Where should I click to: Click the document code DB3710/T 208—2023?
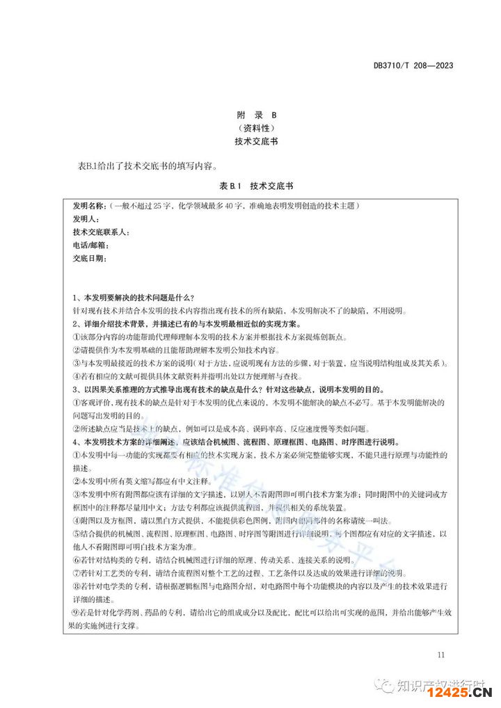click(x=413, y=66)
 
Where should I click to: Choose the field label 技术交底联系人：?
click(x=101, y=232)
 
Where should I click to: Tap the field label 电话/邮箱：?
click(x=90, y=245)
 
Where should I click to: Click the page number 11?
click(x=441, y=654)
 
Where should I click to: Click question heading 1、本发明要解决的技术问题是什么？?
click(x=139, y=298)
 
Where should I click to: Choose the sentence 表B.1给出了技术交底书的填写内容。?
click(x=149, y=166)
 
